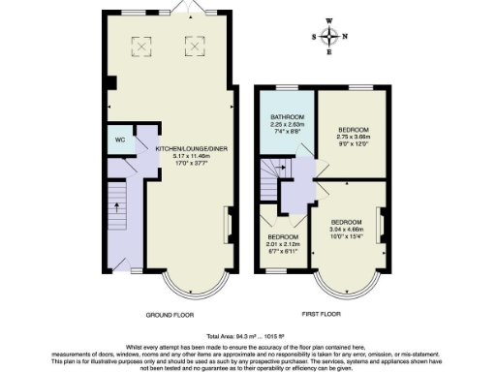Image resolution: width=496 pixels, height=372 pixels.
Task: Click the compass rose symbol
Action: click(330, 38)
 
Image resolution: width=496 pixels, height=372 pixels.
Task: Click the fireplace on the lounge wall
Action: click(229, 225)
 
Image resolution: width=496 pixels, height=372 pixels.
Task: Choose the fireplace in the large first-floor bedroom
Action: click(382, 227)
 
